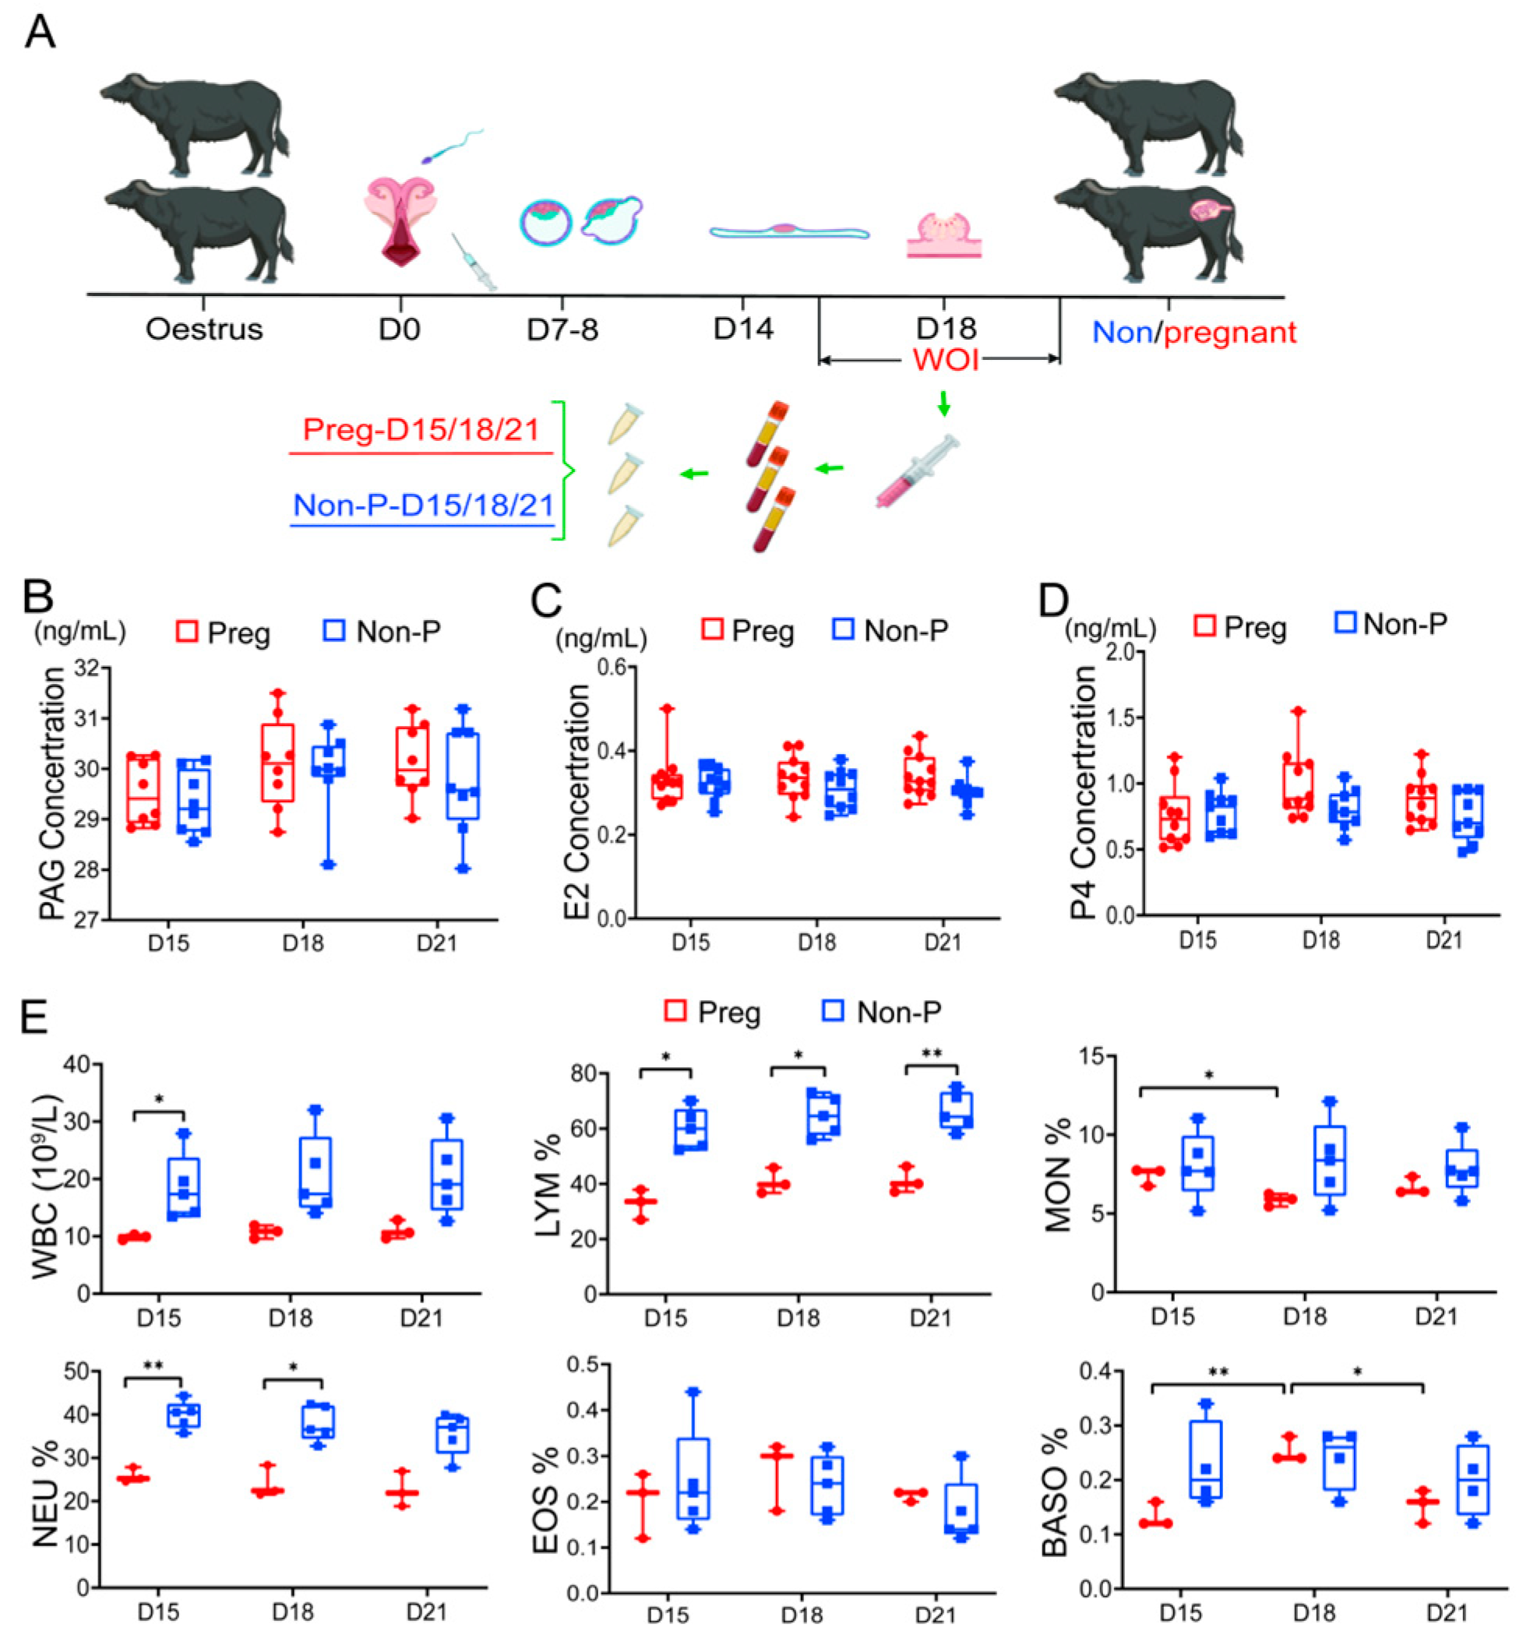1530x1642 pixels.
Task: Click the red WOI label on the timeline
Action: click(x=945, y=360)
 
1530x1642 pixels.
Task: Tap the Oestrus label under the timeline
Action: click(x=203, y=329)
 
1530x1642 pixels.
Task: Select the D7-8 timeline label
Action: click(x=562, y=329)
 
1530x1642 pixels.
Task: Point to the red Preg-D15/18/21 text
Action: click(x=421, y=429)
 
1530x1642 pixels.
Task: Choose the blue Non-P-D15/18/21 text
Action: click(x=422, y=505)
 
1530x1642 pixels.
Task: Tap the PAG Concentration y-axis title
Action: click(x=52, y=793)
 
